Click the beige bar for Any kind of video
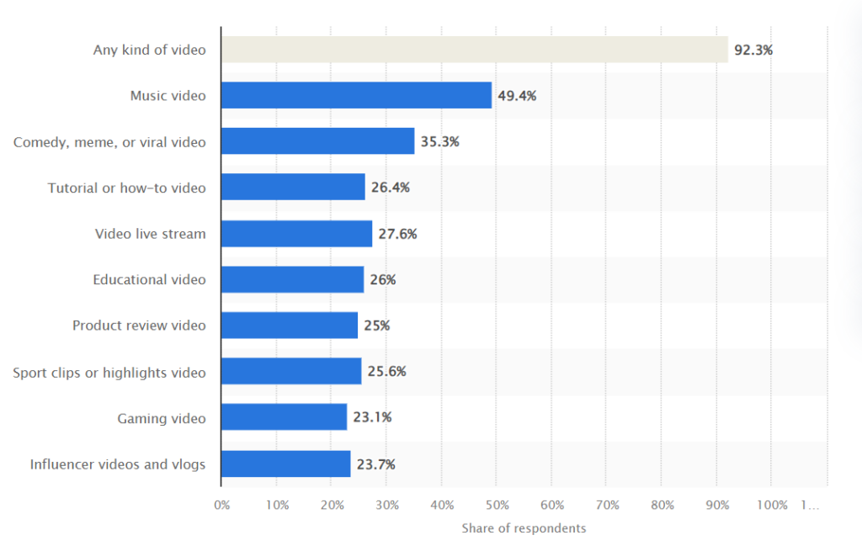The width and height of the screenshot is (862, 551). click(x=474, y=50)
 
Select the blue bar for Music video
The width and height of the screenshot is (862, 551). click(x=356, y=95)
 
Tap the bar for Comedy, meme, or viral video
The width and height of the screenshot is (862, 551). click(x=317, y=141)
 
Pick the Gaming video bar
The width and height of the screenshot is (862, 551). click(x=284, y=417)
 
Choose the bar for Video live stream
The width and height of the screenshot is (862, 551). click(x=296, y=234)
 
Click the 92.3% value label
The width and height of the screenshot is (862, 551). click(x=753, y=50)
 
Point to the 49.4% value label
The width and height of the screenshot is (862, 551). click(x=517, y=96)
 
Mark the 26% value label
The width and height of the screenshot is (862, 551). click(x=382, y=279)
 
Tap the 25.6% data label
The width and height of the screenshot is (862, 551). click(x=386, y=371)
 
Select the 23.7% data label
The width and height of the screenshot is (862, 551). click(x=375, y=464)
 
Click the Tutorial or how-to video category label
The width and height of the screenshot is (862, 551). click(x=126, y=188)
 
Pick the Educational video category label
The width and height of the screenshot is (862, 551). click(x=149, y=279)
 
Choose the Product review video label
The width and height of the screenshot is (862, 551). click(x=139, y=326)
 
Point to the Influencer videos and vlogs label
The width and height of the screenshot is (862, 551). click(x=118, y=464)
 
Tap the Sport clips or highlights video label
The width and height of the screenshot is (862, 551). click(x=109, y=372)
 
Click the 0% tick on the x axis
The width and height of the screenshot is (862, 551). click(x=221, y=506)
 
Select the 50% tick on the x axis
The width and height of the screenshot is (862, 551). click(x=497, y=506)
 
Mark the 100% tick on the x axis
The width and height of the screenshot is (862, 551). click(x=772, y=506)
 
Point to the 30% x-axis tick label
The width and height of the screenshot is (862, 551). click(x=386, y=506)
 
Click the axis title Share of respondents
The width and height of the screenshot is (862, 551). click(x=524, y=528)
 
